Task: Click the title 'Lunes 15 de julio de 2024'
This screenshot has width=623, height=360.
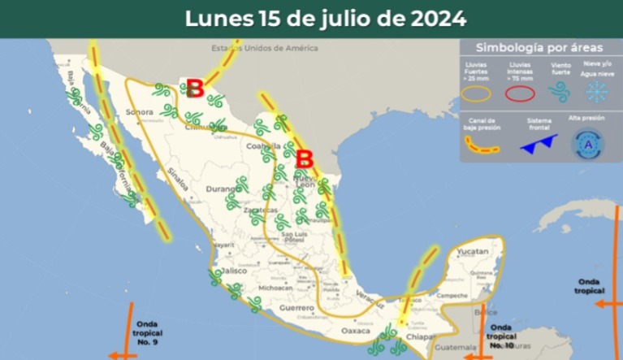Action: point(326,18)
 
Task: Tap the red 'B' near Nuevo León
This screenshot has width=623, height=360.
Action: point(305,158)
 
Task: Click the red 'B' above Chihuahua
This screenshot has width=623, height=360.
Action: point(194,87)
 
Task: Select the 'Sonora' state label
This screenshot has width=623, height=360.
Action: point(141,111)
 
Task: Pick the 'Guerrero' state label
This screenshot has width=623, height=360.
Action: point(297,309)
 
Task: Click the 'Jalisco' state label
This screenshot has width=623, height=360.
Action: point(234,271)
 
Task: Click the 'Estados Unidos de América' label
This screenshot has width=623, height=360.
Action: point(261,48)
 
